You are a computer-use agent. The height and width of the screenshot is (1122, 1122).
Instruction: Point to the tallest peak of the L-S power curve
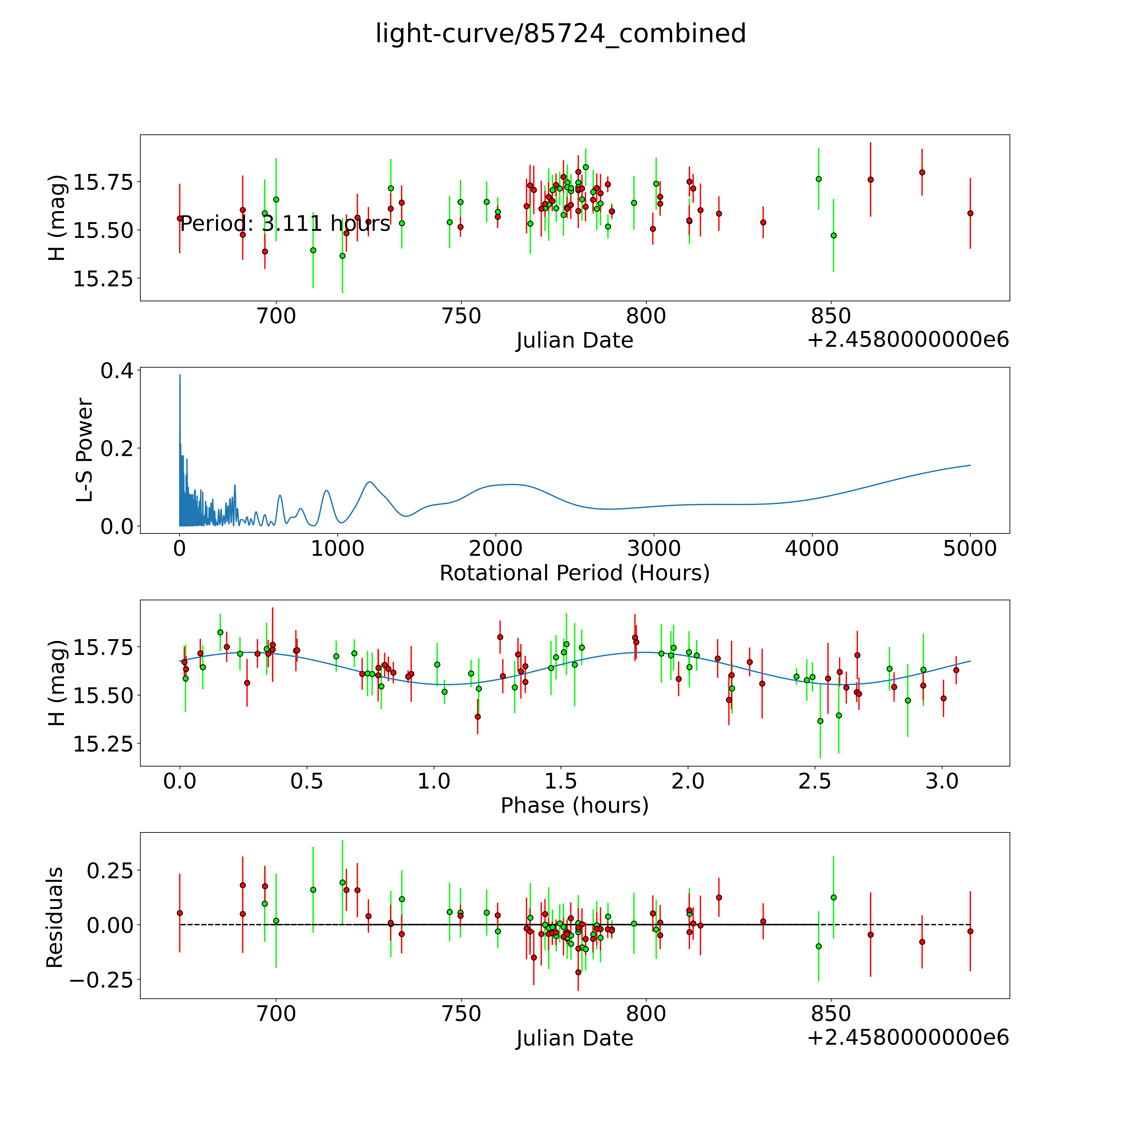click(x=180, y=375)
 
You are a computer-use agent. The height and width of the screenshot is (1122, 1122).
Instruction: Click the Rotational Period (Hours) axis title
click(x=574, y=573)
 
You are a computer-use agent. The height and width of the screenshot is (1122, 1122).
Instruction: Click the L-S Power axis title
click(x=85, y=450)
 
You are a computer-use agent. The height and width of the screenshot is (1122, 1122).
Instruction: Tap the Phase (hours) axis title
click(x=574, y=806)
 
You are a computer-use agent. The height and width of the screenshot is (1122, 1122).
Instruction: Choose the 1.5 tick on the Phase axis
click(x=561, y=781)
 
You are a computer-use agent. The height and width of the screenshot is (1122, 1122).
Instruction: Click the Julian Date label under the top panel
click(x=574, y=340)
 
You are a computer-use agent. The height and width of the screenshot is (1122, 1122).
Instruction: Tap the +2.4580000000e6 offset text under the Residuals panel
click(x=908, y=1037)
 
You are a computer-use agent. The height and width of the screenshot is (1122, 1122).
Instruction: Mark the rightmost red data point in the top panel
click(x=970, y=213)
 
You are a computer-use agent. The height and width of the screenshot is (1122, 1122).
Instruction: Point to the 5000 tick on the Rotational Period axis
click(x=970, y=548)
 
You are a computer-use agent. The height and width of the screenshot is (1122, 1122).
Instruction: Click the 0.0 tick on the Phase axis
click(x=180, y=781)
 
